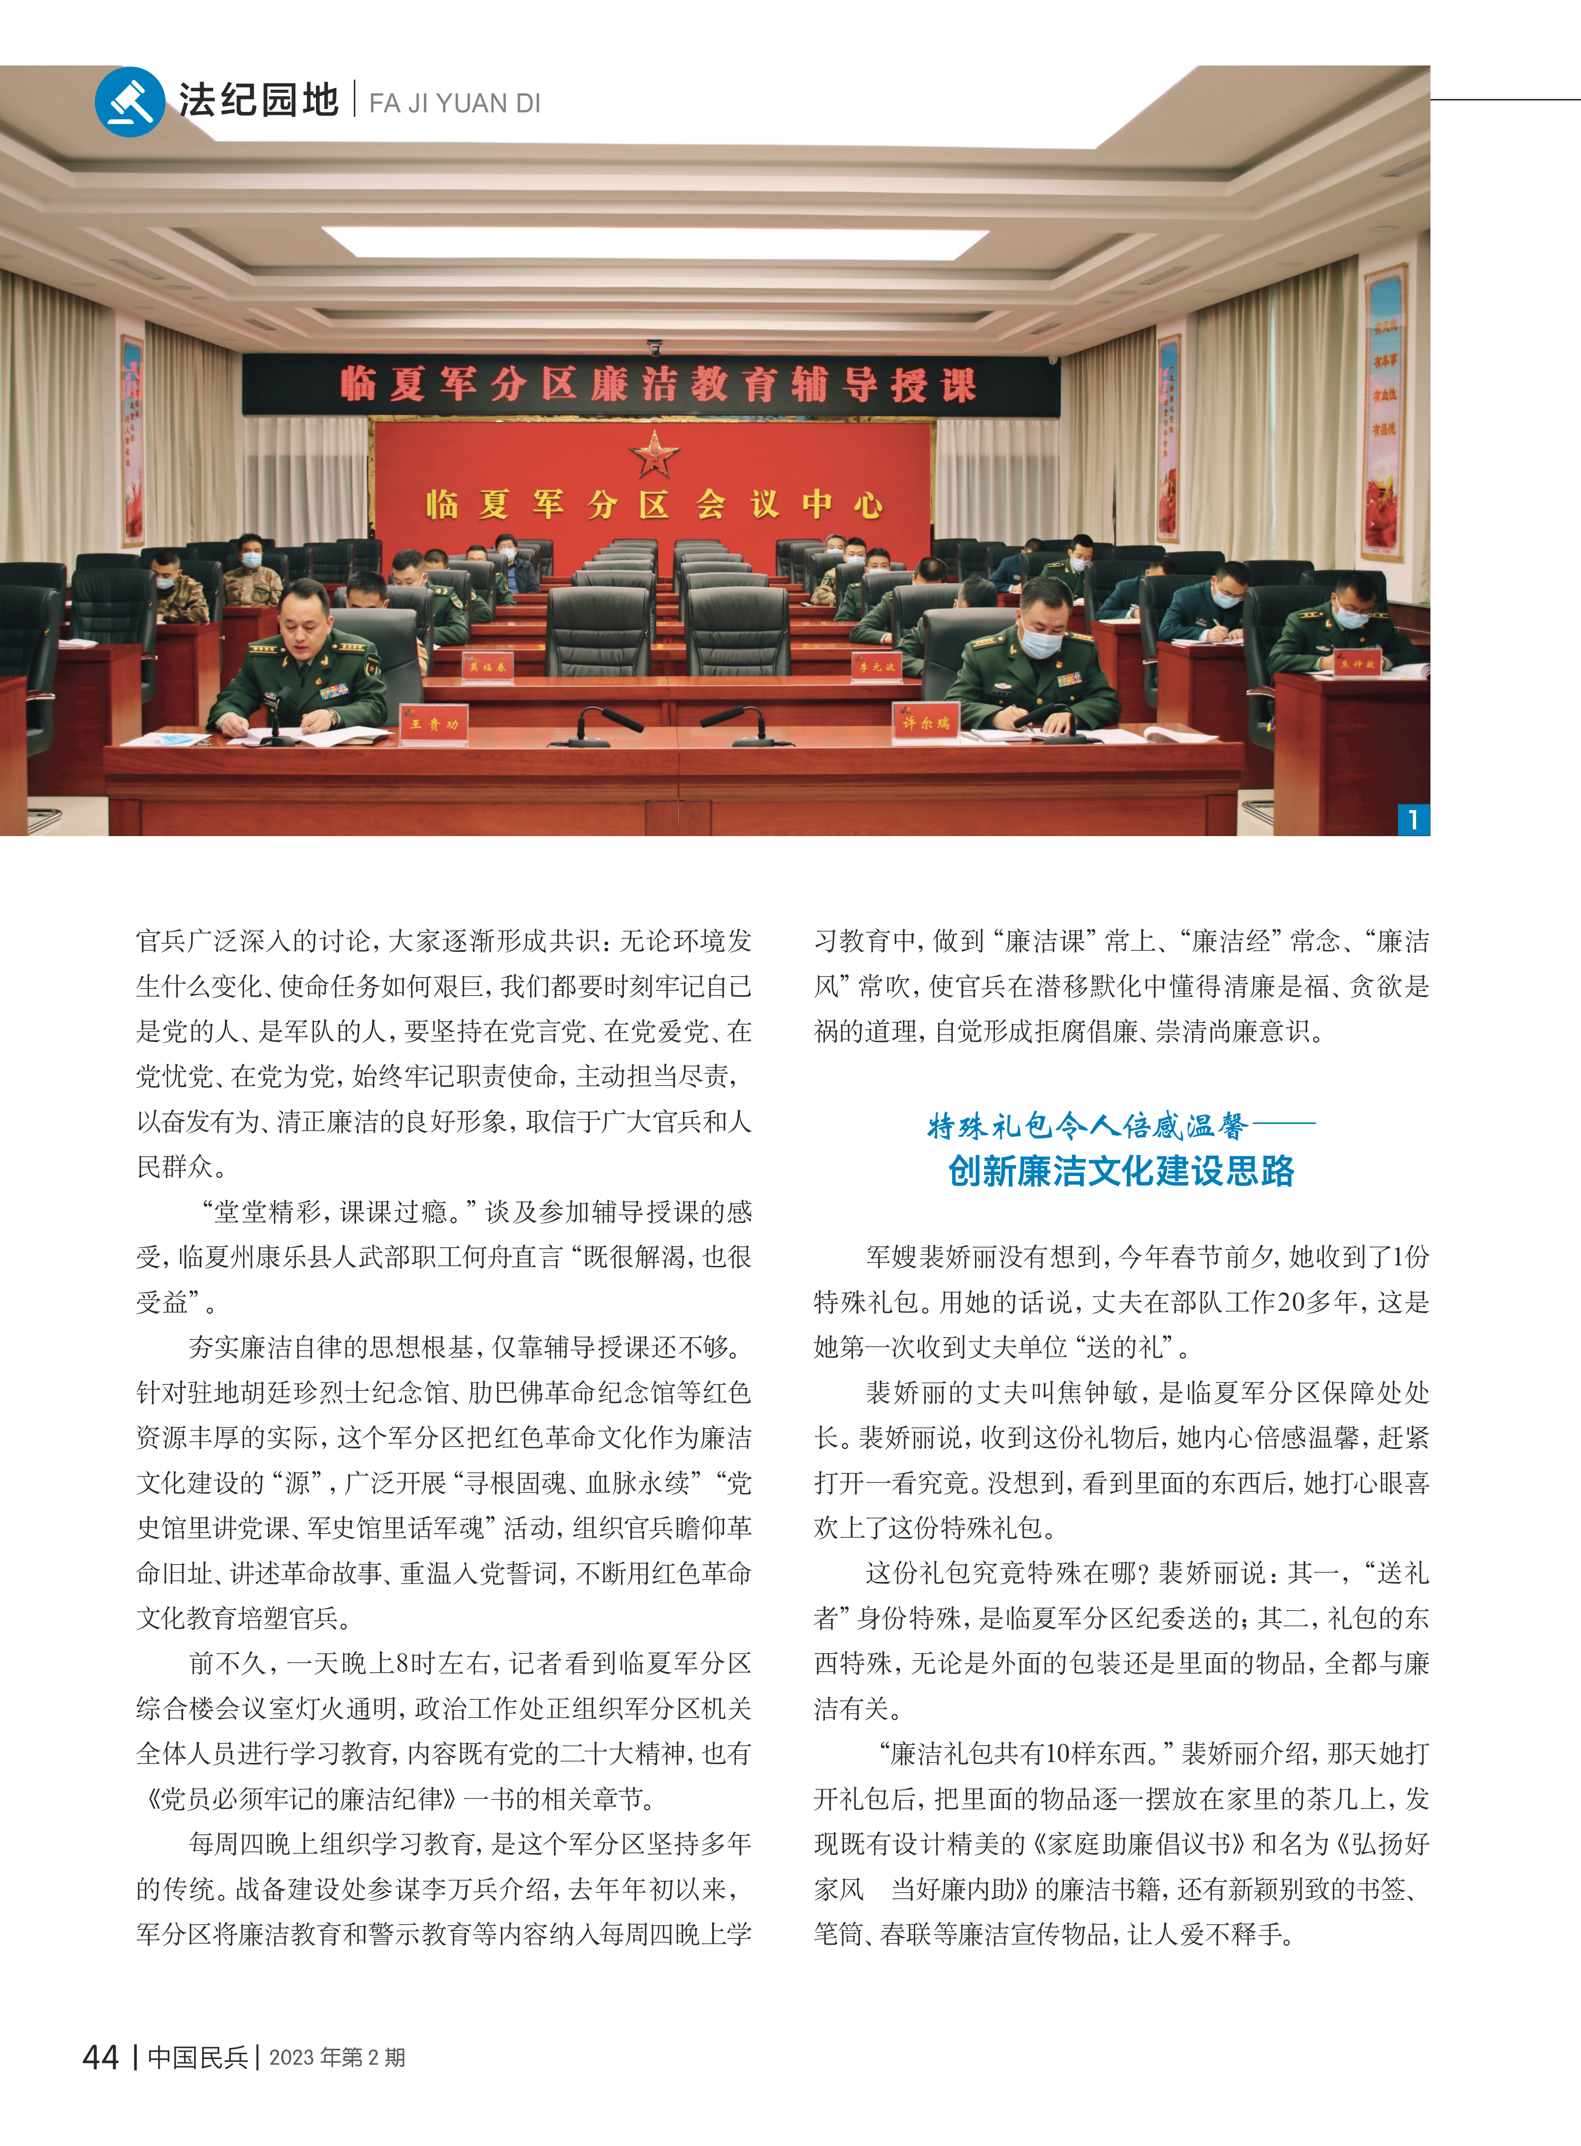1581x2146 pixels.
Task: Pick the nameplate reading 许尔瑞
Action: pyautogui.click(x=925, y=723)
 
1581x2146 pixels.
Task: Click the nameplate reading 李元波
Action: pyautogui.click(x=876, y=665)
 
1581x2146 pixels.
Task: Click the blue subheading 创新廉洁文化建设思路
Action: pyautogui.click(x=1121, y=1171)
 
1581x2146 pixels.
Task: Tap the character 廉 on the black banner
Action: pyautogui.click(x=609, y=385)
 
